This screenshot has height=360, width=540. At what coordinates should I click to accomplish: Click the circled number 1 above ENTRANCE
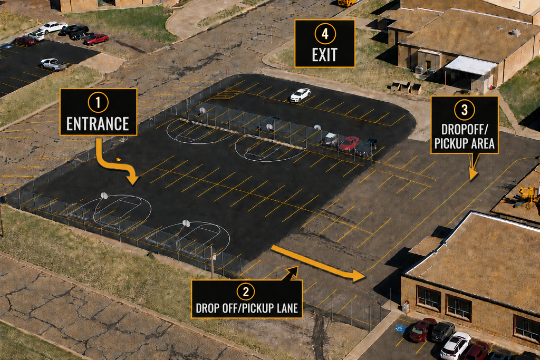click(98, 102)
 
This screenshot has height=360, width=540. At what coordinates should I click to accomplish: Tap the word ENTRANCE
click(98, 124)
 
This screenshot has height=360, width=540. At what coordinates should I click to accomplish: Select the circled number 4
click(325, 34)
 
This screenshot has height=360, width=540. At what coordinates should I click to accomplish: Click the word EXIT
click(324, 55)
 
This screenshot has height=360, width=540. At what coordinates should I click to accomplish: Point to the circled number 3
click(465, 110)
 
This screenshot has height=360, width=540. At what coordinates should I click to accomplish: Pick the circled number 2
click(246, 291)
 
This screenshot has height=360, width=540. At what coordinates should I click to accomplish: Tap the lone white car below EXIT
click(300, 95)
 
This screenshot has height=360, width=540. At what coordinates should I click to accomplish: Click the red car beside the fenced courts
click(349, 143)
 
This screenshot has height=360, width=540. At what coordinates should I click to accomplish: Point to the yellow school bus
click(347, 3)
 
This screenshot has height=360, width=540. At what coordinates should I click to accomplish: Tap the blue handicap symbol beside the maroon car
click(400, 328)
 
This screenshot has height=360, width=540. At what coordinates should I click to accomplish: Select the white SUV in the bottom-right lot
click(455, 346)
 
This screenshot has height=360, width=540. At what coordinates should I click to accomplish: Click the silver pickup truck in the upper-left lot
click(53, 64)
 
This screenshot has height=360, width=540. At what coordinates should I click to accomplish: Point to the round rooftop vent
click(515, 32)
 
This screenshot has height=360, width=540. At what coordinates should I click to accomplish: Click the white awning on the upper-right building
click(471, 65)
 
